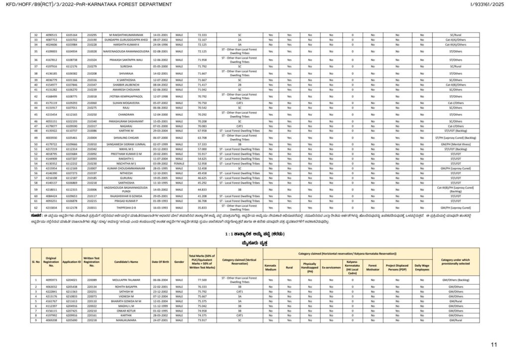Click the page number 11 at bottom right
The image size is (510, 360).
[x=494, y=344]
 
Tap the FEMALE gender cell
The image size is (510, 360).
[x=180, y=163]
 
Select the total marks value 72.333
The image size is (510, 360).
[x=202, y=35]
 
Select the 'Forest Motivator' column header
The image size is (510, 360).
[x=372, y=265]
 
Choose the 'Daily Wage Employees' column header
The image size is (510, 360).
[x=422, y=265]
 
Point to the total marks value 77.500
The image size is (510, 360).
[x=202, y=281]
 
